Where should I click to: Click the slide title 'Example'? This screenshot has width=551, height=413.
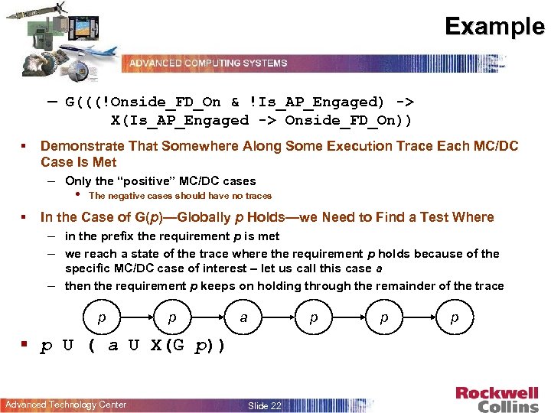pyautogui.click(x=495, y=27)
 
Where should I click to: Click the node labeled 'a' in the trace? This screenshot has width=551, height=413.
pyautogui.click(x=243, y=317)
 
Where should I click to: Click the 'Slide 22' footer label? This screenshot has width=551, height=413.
pyautogui.click(x=265, y=405)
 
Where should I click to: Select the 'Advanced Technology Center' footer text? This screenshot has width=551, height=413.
pyautogui.click(x=66, y=405)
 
